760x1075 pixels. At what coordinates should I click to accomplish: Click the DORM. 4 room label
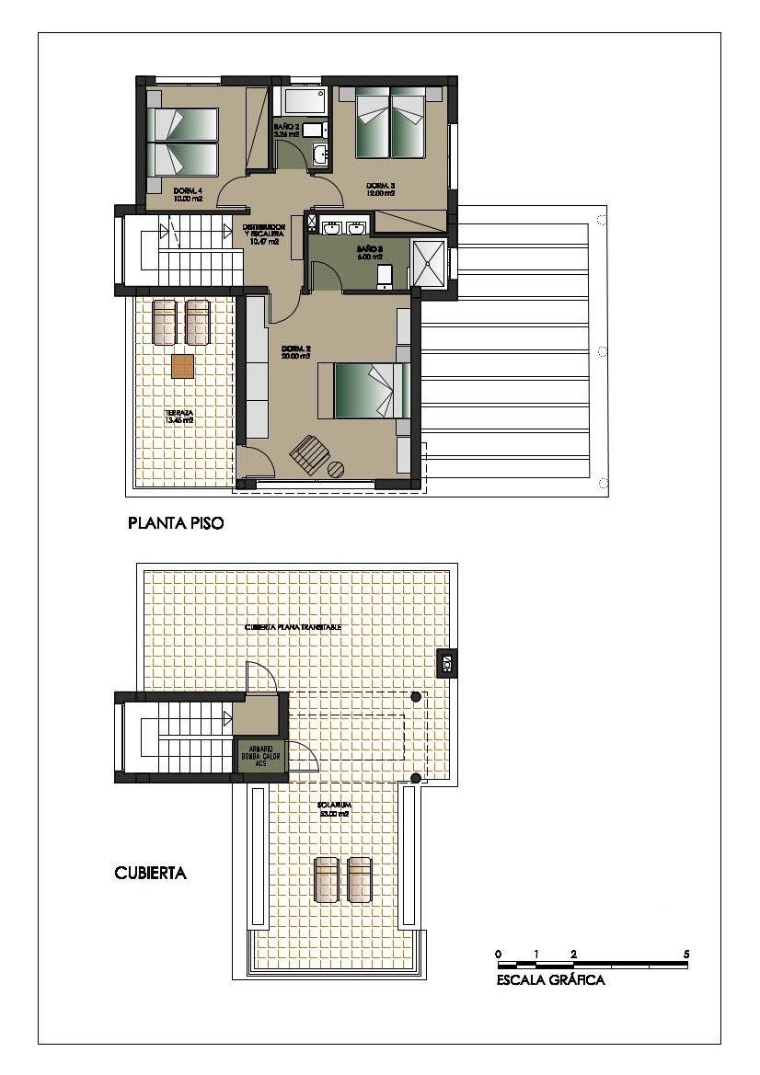click(x=187, y=194)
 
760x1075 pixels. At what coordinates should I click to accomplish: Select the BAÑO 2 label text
click(x=286, y=130)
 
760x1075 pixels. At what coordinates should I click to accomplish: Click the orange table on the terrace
click(x=183, y=366)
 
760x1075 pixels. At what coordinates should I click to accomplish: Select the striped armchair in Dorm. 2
click(x=307, y=454)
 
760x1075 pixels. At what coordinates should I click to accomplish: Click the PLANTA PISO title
click(x=176, y=524)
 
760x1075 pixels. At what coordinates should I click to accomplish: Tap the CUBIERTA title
click(x=150, y=873)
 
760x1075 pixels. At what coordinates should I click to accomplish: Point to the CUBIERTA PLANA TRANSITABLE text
click(x=293, y=627)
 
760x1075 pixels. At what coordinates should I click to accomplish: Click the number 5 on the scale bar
click(x=686, y=954)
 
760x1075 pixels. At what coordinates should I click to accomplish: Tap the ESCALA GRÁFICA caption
click(x=550, y=980)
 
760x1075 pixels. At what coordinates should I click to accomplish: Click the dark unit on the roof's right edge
click(x=446, y=663)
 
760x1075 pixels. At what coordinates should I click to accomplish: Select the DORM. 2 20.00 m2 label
click(x=295, y=352)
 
